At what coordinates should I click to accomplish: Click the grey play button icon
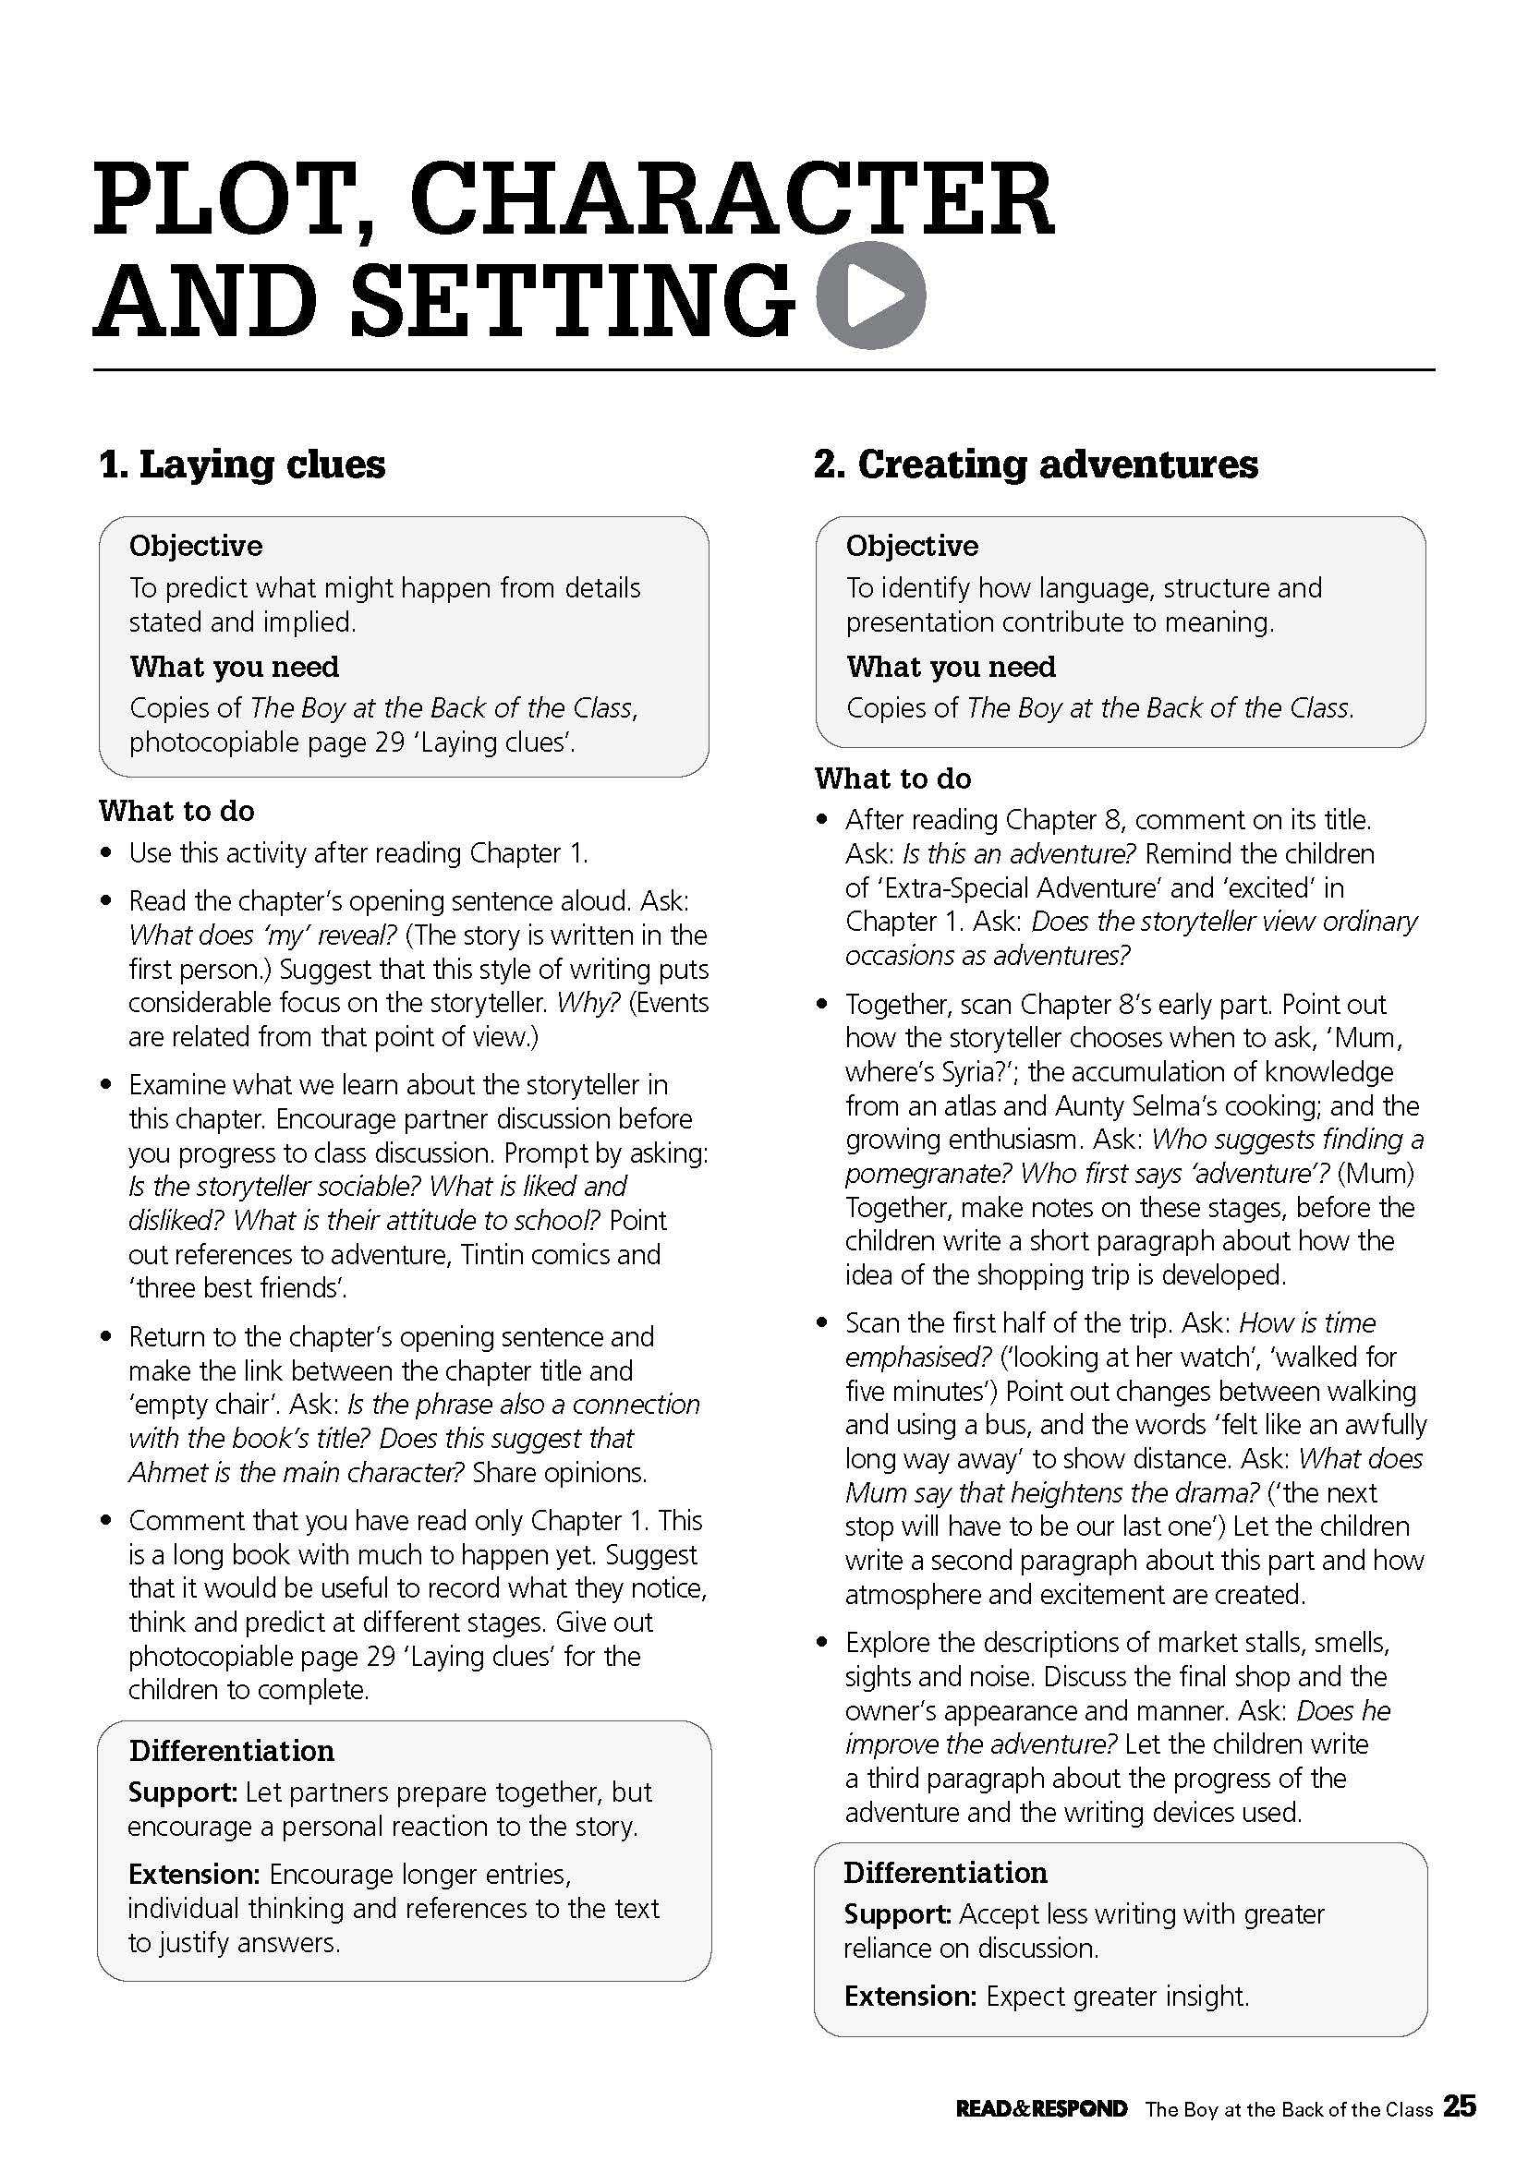pyautogui.click(x=871, y=296)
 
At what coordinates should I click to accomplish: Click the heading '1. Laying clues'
pyautogui.click(x=242, y=465)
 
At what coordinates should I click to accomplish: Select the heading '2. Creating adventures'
pyautogui.click(x=1035, y=465)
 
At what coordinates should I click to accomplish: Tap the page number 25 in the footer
pyautogui.click(x=1460, y=2131)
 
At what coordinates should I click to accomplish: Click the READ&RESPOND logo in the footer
pyautogui.click(x=1041, y=2133)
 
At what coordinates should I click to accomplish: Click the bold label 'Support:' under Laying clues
pyautogui.click(x=183, y=1792)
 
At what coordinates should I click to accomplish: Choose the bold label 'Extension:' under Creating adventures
pyautogui.click(x=910, y=1997)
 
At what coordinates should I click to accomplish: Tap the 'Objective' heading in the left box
pyautogui.click(x=196, y=546)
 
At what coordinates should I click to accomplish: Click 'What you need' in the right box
pyautogui.click(x=951, y=667)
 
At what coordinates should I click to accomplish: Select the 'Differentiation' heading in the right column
pyautogui.click(x=945, y=1872)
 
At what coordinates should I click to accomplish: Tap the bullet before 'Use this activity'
pyautogui.click(x=108, y=854)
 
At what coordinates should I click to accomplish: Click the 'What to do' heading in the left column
pyautogui.click(x=176, y=811)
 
